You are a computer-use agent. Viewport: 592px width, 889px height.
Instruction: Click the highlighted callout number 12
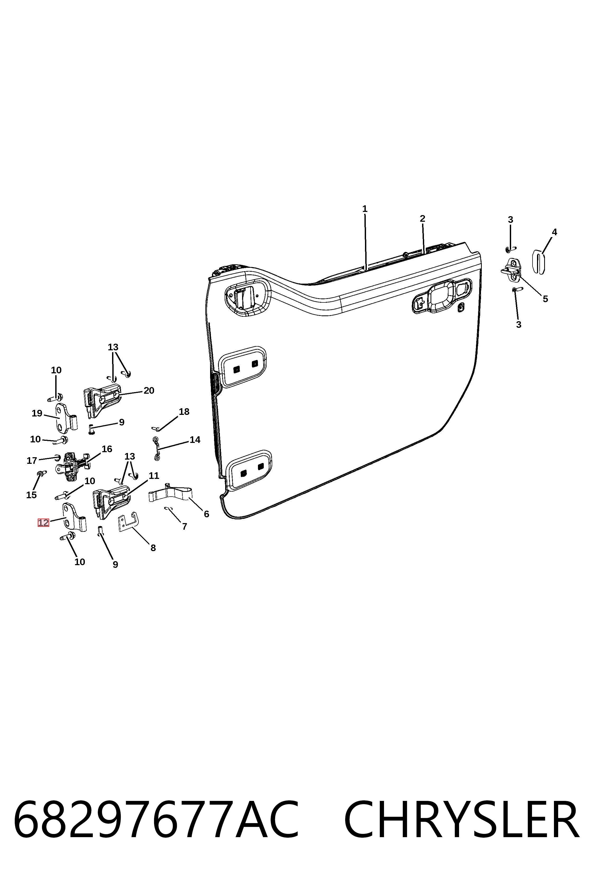click(x=43, y=523)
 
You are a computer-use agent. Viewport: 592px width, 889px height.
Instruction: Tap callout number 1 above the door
click(x=365, y=209)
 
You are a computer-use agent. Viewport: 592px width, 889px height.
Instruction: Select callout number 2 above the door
click(x=423, y=219)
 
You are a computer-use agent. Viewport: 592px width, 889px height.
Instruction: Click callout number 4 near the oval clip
click(x=554, y=232)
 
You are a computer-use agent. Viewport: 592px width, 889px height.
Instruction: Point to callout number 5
click(x=545, y=299)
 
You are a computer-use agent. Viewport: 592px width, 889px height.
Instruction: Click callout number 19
click(x=37, y=413)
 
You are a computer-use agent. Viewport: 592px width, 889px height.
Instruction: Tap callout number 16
click(x=107, y=449)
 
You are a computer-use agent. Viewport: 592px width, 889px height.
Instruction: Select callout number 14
click(x=195, y=439)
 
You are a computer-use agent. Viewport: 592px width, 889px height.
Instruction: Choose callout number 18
click(x=184, y=412)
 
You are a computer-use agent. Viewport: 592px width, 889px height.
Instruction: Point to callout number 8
click(x=153, y=548)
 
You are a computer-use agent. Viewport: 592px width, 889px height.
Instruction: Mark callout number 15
click(x=31, y=495)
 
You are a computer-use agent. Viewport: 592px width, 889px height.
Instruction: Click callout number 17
click(x=32, y=460)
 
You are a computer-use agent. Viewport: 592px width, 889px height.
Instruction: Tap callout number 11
click(x=154, y=475)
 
